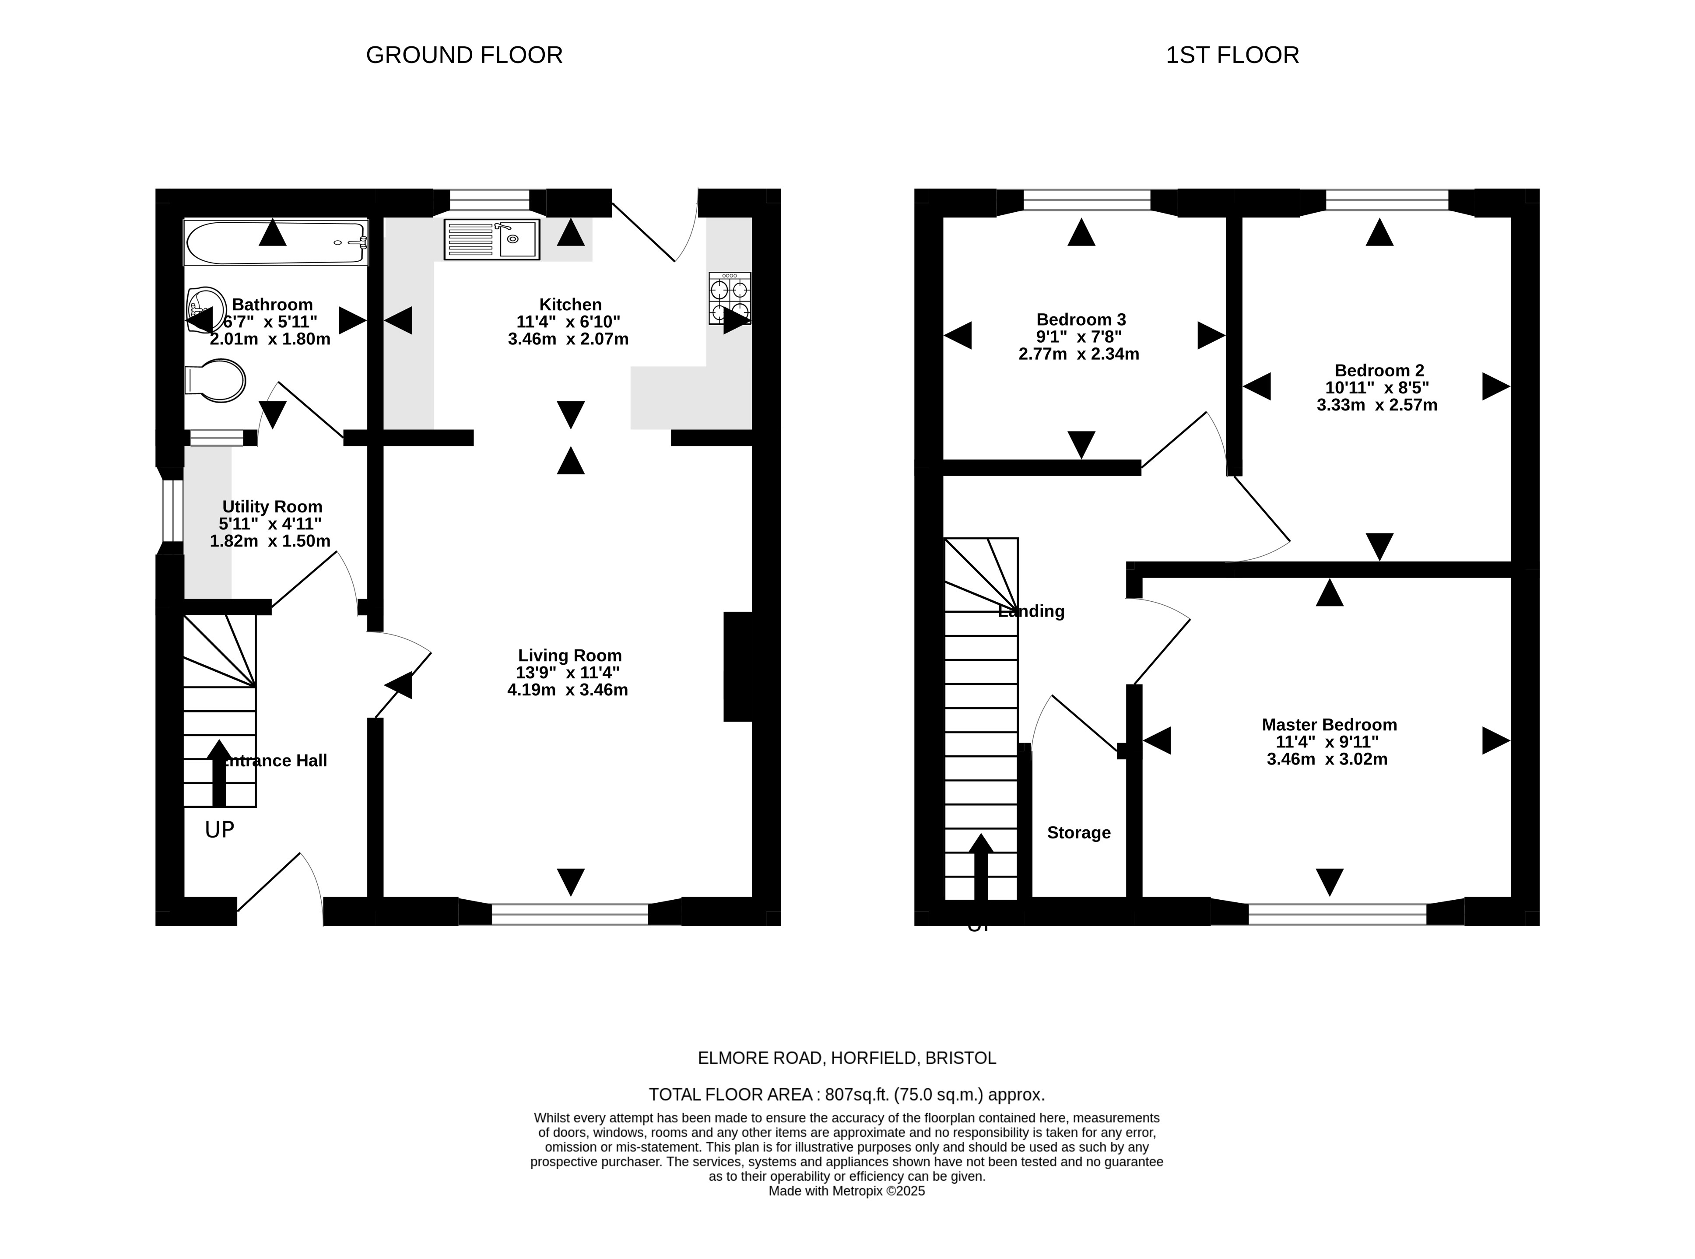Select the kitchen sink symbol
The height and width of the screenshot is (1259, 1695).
pos(491,239)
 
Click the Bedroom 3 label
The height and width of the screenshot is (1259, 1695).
pos(1081,319)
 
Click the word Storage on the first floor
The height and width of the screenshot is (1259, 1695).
pos(1078,833)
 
